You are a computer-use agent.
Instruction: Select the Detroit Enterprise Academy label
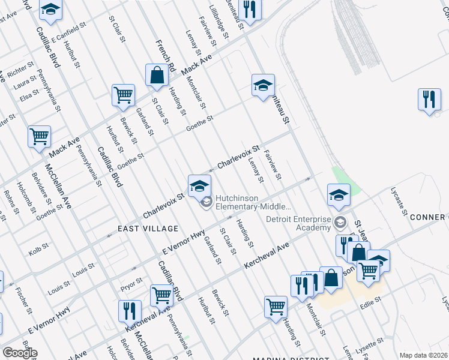pos(298,223)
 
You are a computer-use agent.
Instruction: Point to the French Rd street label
pos(164,56)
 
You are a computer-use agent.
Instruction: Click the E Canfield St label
pos(65,36)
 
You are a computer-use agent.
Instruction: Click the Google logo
pos(19,353)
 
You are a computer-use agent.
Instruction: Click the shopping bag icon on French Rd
pos(157,76)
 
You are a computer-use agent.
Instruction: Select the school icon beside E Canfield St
pos(50,10)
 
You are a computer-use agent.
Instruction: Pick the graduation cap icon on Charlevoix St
pos(199,186)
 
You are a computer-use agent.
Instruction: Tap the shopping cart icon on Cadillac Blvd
pos(161,295)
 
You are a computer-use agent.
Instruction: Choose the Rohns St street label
pos(11,199)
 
